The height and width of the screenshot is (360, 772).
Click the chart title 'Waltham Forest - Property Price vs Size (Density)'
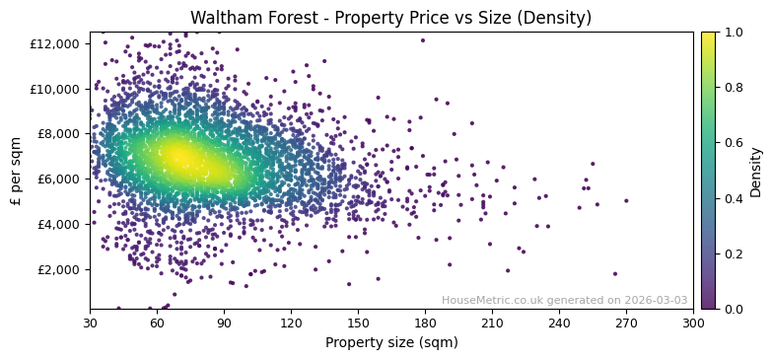(x=390, y=18)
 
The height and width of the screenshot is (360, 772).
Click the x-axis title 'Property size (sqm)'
(x=390, y=342)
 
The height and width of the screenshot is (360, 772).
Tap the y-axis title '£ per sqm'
(x=16, y=171)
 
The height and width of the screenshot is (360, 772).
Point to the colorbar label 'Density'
(x=756, y=171)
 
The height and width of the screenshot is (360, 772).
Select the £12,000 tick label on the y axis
(x=56, y=43)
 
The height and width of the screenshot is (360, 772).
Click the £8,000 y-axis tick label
(x=59, y=134)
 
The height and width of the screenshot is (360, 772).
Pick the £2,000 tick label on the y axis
(x=59, y=269)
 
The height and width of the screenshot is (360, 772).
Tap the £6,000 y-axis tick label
(x=59, y=180)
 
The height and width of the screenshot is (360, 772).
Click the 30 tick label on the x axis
(x=90, y=323)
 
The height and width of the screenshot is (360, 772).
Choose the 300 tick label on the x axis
(x=693, y=323)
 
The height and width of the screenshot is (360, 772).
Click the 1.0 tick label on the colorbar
(x=733, y=33)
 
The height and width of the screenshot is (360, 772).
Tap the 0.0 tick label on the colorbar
(x=733, y=309)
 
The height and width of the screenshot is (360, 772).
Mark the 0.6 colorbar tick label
(x=733, y=143)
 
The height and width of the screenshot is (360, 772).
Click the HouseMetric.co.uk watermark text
(x=564, y=300)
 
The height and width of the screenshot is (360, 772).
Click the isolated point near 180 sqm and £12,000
(x=423, y=40)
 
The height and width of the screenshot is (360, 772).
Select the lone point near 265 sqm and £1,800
(x=615, y=274)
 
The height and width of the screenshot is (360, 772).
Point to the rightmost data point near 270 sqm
(x=626, y=200)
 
